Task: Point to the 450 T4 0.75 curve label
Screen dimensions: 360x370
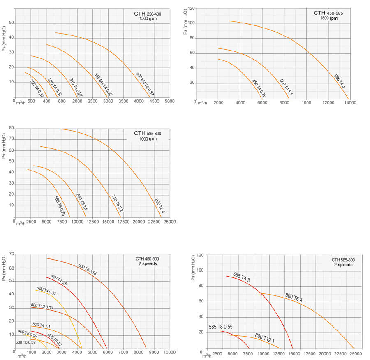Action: (x=259, y=88)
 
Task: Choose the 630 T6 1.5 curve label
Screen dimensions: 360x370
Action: (x=82, y=202)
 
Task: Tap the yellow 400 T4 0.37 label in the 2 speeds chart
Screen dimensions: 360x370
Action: (x=46, y=291)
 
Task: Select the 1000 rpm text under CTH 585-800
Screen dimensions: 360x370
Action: (x=147, y=139)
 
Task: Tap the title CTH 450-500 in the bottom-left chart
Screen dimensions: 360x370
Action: (x=148, y=259)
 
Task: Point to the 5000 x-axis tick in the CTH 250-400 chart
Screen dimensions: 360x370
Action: (x=170, y=101)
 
